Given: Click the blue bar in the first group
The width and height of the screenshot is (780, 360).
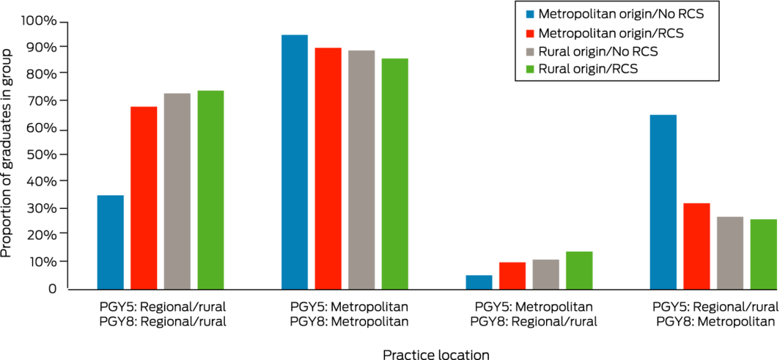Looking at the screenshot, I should pos(111,242).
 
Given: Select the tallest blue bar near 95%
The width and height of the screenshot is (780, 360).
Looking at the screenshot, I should pos(295,162).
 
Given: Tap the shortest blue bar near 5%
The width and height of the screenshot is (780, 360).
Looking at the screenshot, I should pos(479,282).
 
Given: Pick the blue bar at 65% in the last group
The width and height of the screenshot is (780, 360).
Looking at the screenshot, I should pos(663,202).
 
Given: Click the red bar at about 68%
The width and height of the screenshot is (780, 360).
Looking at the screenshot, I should pos(144,198).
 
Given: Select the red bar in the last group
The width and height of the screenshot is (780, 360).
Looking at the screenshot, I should pos(696,246).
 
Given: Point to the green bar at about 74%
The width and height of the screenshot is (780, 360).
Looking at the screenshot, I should pos(210,190).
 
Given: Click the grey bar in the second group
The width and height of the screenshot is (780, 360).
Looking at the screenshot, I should pos(361,169).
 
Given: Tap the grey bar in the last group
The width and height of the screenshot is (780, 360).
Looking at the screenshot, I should pos(729,252).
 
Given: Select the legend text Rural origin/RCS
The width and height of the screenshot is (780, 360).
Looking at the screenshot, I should pos(587,70).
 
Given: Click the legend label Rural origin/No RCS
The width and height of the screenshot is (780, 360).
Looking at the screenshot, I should pos(597,52).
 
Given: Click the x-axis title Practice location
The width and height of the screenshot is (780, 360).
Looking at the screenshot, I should pos(435,355).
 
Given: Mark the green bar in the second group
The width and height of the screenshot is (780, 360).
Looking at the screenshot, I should pos(394,173).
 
